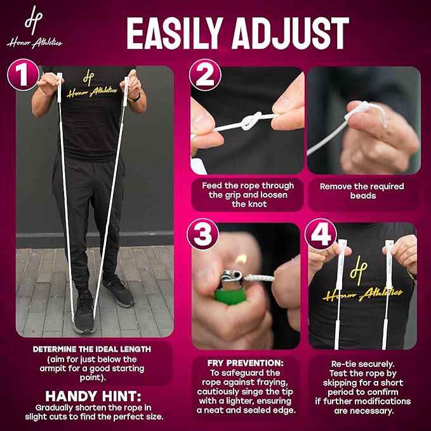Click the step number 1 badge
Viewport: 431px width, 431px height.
[x=23, y=75]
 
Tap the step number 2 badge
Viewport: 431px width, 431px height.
[x=205, y=75]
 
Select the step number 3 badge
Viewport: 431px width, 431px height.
[x=203, y=234]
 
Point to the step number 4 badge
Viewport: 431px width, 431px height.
[x=321, y=234]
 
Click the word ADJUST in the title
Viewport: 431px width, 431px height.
[x=291, y=33]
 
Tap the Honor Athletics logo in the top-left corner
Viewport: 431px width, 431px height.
[x=34, y=27]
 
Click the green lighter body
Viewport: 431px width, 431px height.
[x=230, y=296]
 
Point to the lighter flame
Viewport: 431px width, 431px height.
[x=241, y=260]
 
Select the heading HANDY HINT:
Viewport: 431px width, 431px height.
[x=93, y=396]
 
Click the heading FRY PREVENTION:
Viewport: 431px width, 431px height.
[x=245, y=363]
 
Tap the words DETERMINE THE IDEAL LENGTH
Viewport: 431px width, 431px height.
[x=92, y=349]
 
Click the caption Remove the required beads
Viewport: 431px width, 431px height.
[x=362, y=191]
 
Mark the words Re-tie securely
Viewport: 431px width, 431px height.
[x=362, y=364]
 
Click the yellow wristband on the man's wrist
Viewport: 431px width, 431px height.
[x=135, y=98]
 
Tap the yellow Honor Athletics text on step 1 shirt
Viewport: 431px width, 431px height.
[x=91, y=92]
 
